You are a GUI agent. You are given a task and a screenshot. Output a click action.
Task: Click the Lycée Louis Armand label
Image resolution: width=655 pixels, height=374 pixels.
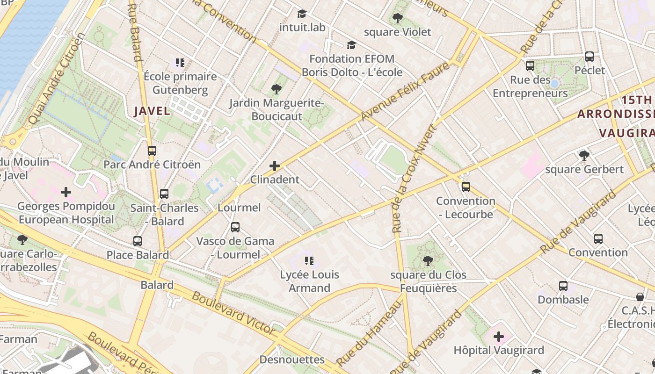(x=309, y=281)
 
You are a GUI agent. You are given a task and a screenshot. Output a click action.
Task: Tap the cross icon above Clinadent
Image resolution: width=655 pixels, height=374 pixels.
(x=275, y=166)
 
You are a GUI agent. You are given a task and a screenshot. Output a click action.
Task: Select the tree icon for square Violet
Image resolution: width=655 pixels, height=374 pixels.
(x=397, y=19)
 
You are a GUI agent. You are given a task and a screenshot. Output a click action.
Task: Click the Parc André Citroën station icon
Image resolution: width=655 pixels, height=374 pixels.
(x=152, y=151)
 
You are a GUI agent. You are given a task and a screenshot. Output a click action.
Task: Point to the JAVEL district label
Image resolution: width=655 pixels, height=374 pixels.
(x=152, y=111)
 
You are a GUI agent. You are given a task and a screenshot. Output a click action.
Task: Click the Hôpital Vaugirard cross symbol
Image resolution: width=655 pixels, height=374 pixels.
(x=499, y=336)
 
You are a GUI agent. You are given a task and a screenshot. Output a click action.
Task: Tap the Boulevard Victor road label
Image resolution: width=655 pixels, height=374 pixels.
(x=234, y=314)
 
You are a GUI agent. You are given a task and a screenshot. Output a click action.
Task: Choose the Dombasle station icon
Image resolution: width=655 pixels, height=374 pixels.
(x=563, y=286)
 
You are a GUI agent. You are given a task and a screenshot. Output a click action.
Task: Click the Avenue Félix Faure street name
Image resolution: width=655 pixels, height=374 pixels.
(x=405, y=91)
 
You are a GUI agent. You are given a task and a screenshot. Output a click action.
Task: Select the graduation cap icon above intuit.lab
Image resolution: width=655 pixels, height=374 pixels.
(x=302, y=14)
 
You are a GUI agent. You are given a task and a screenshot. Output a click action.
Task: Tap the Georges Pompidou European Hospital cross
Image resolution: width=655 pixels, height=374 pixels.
(x=66, y=192)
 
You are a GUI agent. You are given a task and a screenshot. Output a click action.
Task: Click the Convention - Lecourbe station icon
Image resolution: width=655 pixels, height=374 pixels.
(x=466, y=187)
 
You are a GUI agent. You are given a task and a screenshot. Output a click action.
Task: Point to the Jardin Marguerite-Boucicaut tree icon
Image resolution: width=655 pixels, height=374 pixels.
(x=276, y=89)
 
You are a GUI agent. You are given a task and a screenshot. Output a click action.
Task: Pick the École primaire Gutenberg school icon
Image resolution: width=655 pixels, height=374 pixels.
(x=180, y=63)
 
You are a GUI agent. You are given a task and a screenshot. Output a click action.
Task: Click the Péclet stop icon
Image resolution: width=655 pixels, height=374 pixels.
(x=589, y=57)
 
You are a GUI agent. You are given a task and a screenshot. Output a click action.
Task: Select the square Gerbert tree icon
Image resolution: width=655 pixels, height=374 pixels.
(x=584, y=155)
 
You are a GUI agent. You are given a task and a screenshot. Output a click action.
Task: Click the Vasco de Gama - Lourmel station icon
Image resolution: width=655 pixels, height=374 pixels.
(x=235, y=227)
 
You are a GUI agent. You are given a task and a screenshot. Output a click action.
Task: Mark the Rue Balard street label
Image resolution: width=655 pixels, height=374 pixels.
(x=135, y=32)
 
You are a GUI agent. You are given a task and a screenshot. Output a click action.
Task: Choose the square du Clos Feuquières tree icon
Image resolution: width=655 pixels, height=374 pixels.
(x=428, y=261)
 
